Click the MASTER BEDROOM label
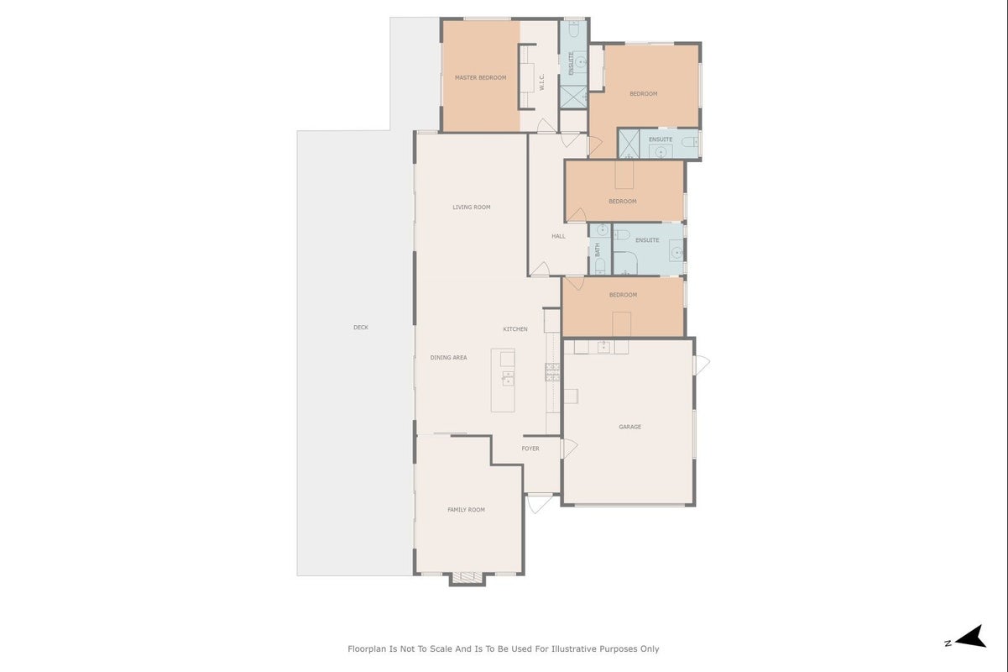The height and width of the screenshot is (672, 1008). point(480,78)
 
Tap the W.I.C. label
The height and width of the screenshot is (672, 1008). point(542,82)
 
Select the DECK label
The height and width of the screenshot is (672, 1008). point(360,328)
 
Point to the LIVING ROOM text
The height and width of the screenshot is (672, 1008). point(471,207)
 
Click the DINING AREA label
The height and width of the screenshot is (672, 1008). point(448,358)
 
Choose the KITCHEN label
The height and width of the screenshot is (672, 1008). point(514,329)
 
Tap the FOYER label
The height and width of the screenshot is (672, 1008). point(530,449)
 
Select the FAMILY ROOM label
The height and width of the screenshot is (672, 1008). point(466,510)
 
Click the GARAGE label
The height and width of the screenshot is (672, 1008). point(629,427)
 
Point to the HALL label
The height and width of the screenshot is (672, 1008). point(558,236)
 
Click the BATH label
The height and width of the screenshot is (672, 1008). point(598,249)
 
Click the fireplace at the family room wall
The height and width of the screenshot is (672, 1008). point(467,578)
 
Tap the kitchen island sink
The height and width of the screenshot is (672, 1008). point(508,378)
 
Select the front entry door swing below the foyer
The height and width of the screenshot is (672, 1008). point(539,503)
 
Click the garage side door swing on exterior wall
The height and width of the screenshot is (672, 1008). point(702,365)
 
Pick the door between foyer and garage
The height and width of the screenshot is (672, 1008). point(569,449)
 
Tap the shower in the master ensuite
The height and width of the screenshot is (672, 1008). point(573,97)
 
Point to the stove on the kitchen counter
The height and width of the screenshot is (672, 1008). point(552,372)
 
